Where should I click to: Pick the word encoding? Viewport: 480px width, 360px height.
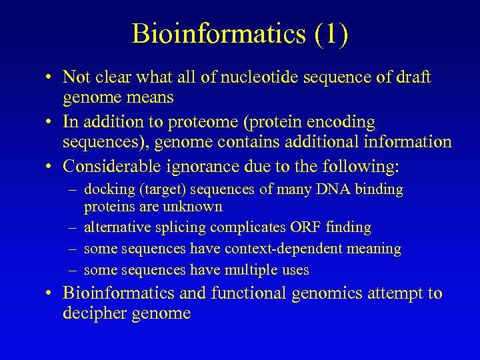click(339, 122)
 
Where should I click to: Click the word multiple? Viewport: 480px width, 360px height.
click(253, 270)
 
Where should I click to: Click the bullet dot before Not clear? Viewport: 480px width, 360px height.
click(50, 78)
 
